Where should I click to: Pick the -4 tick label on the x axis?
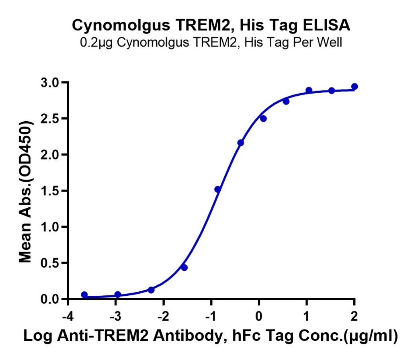coord(68,316)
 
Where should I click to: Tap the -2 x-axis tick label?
coord(163,316)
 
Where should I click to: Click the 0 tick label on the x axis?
coord(259,316)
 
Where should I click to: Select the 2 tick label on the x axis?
coord(355,316)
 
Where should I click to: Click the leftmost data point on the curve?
coord(84,295)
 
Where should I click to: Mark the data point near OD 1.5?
coord(218,189)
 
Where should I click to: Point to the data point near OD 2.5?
coord(263,119)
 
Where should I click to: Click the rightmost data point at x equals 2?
coord(355,86)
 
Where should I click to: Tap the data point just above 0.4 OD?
coord(184,268)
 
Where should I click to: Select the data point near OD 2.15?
coord(240,143)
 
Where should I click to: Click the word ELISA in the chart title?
coord(327,26)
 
